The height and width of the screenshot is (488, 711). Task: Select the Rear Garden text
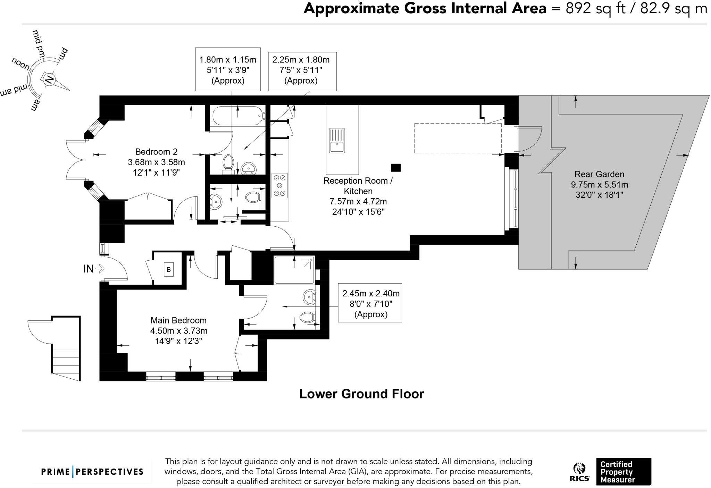pyautogui.click(x=599, y=174)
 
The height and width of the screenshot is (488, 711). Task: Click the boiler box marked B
pyautogui.click(x=169, y=270)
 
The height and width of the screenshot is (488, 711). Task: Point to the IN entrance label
pyautogui.click(x=89, y=269)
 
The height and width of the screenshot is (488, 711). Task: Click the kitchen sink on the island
pyautogui.click(x=337, y=141)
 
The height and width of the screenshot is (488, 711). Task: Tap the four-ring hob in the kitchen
pyautogui.click(x=279, y=185)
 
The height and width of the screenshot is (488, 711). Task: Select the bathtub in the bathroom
pyautogui.click(x=238, y=116)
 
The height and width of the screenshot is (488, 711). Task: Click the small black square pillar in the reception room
pyautogui.click(x=396, y=168)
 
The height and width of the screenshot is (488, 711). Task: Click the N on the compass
pyautogui.click(x=49, y=80)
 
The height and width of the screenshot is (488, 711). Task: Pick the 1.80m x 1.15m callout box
pyautogui.click(x=228, y=70)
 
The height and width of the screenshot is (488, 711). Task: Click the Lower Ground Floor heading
pyautogui.click(x=361, y=394)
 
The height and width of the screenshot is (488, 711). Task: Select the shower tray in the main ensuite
pyautogui.click(x=294, y=270)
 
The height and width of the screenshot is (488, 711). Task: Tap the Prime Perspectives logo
pyautogui.click(x=92, y=472)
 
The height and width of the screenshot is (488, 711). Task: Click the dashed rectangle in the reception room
pyautogui.click(x=458, y=138)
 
